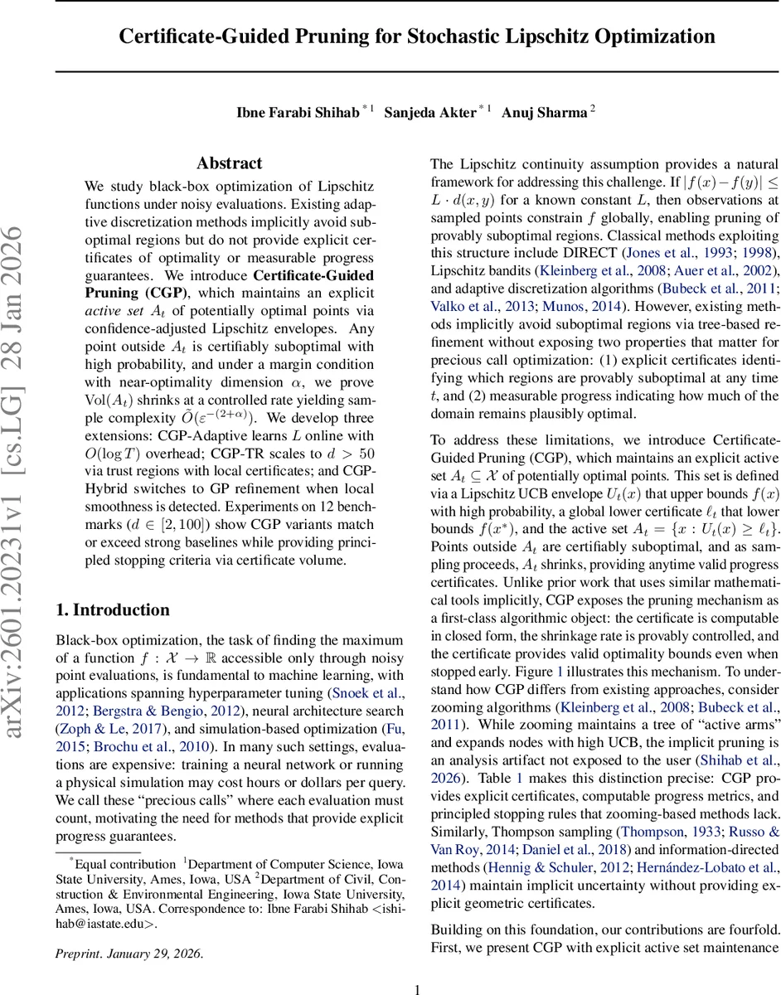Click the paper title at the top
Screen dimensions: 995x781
coord(416,36)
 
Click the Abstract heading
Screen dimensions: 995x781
coord(230,163)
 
